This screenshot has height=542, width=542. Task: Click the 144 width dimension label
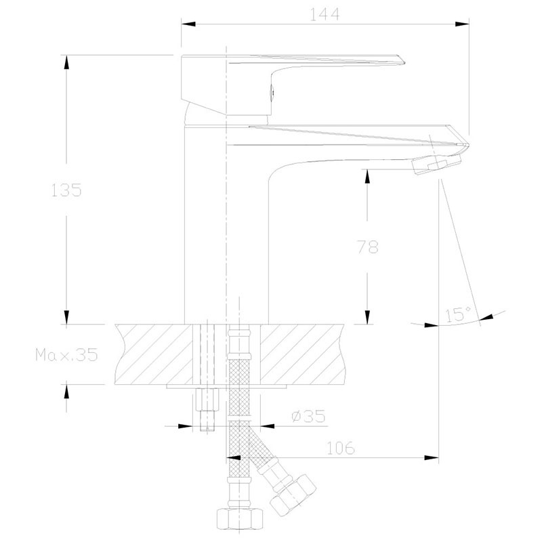coord(325,14)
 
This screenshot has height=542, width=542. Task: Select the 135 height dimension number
coord(66,190)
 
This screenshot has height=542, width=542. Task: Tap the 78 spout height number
coord(368,247)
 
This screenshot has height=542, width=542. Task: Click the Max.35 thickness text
coord(66,354)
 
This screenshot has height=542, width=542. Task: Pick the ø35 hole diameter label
coord(308,416)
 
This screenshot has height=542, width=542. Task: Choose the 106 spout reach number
coord(341,448)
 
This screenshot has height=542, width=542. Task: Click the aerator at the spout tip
coord(436,165)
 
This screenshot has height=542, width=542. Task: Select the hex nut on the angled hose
coord(293,495)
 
